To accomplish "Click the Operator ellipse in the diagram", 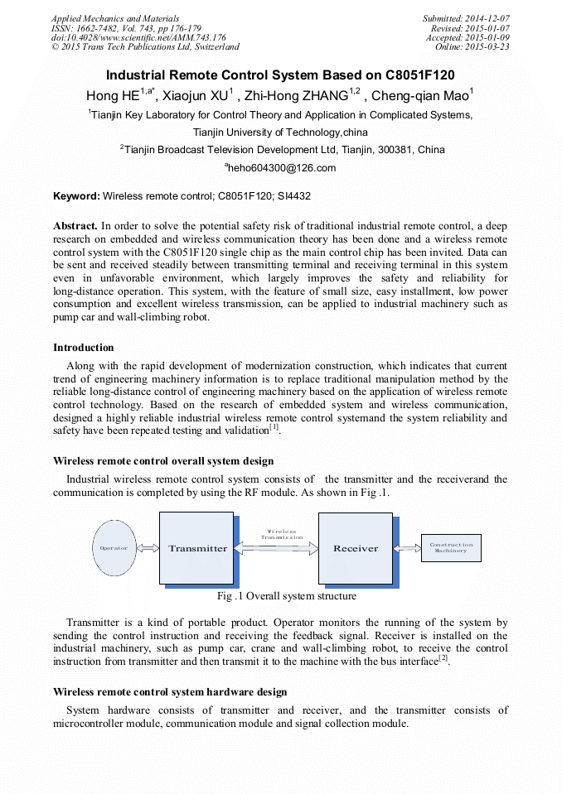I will [114, 548].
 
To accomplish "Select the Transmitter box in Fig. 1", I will [197, 548].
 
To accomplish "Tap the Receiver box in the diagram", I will [355, 548].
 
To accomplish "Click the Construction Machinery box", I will [451, 548].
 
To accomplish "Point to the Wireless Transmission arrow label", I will [281, 534].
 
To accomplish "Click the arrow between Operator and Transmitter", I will [148, 548].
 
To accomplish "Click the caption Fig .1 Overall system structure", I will [286, 595].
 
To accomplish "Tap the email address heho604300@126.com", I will [281, 168].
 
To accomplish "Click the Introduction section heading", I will [83, 348].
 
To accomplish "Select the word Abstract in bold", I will [75, 225].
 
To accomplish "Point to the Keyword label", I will [76, 197].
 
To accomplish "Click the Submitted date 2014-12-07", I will [488, 18].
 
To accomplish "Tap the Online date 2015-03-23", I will [489, 47].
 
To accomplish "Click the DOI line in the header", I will [138, 37].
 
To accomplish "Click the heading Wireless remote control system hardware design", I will [170, 691].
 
